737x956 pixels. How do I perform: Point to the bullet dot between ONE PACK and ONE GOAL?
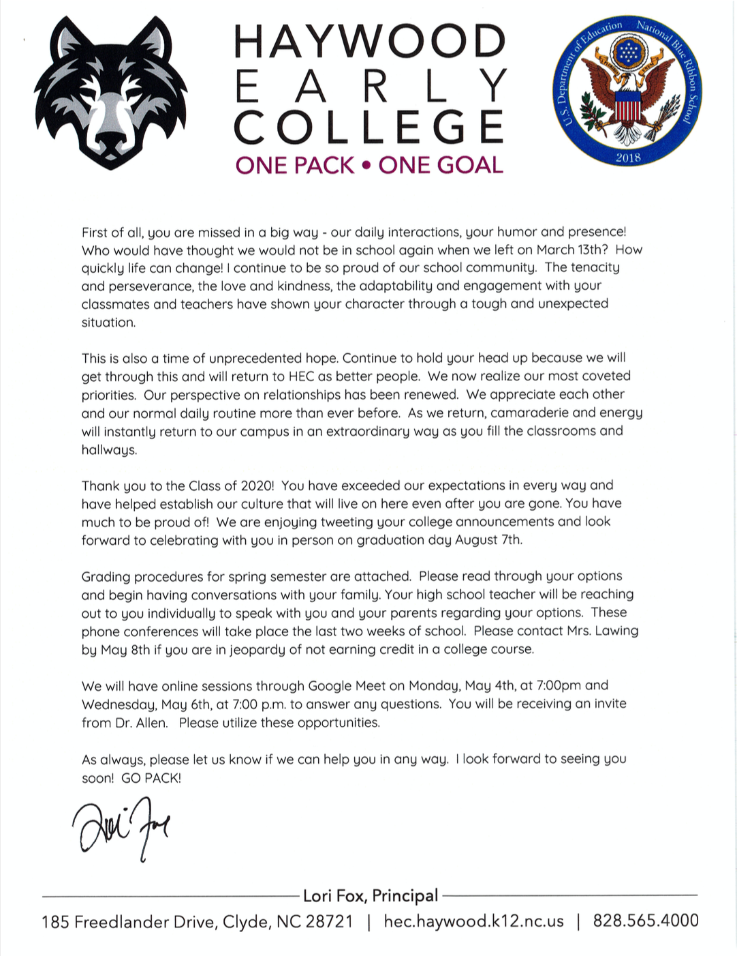366,166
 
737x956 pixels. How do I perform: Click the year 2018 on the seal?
628,158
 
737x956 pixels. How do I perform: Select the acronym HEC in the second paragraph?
301,376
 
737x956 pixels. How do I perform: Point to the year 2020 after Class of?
256,486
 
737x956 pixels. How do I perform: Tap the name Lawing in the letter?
616,631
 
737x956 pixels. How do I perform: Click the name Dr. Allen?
141,723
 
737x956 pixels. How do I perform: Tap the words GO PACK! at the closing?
151,777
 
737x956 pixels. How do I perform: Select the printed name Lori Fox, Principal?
371,895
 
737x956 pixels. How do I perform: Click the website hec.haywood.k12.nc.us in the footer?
474,922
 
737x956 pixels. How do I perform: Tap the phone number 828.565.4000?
646,921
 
